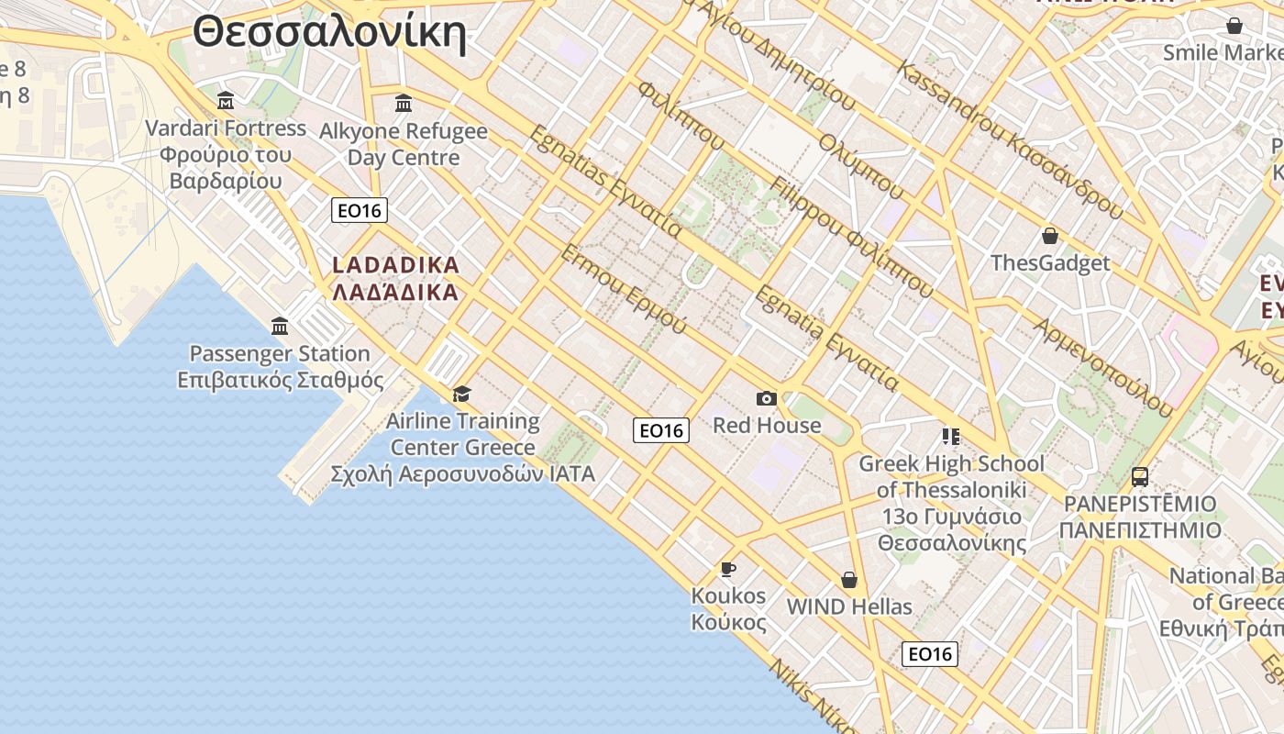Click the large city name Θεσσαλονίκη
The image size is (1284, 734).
tap(329, 34)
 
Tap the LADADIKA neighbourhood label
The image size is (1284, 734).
tap(395, 265)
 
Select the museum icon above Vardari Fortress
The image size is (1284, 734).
tap(226, 100)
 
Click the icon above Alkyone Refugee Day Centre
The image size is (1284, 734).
tap(404, 103)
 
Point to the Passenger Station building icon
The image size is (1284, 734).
tap(280, 326)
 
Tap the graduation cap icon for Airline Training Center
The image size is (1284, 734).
tap(461, 394)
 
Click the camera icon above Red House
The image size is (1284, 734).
tap(767, 398)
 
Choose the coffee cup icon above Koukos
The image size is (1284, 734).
tap(728, 569)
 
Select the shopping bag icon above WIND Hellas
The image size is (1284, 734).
tap(849, 580)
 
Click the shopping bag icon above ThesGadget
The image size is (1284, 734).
tap(1050, 236)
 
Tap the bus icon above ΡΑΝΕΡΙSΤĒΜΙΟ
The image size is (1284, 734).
tap(1140, 477)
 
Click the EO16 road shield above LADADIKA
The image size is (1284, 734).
tap(360, 211)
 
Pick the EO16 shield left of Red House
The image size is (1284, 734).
tap(661, 430)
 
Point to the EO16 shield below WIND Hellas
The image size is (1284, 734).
tap(930, 653)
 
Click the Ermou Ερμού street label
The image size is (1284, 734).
tap(624, 289)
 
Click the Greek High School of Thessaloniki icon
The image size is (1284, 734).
tap(950, 436)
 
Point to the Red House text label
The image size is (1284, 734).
tap(767, 426)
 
